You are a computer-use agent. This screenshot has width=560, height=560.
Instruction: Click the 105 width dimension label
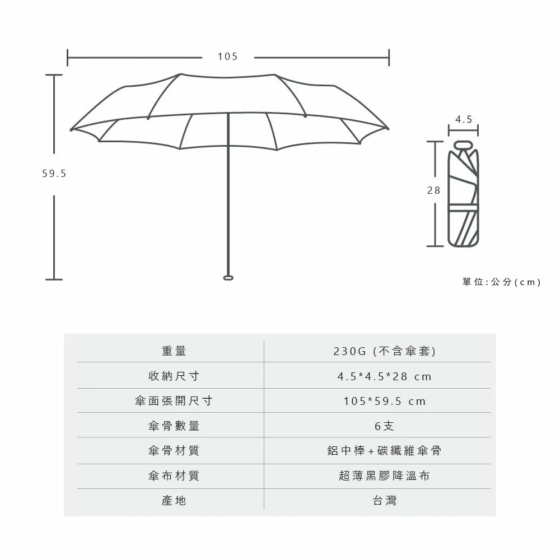228,57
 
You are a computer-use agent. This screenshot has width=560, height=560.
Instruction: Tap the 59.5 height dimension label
54,174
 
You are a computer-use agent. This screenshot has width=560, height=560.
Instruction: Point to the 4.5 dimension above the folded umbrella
464,119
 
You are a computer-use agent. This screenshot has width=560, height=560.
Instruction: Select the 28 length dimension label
434,190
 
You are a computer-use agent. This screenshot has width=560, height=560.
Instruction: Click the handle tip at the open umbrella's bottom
228,278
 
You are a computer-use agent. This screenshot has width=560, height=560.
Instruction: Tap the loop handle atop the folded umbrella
463,145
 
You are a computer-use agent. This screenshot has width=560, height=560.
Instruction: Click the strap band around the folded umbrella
463,208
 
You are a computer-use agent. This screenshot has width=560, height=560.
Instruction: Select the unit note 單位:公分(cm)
501,282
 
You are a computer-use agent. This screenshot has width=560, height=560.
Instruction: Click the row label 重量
174,351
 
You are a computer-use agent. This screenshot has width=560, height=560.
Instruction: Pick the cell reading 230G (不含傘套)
385,351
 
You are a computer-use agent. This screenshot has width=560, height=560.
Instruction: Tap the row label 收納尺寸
174,376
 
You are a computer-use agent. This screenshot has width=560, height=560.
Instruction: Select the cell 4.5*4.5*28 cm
385,376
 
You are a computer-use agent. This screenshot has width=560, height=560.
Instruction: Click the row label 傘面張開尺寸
174,401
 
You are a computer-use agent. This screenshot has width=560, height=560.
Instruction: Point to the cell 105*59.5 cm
385,401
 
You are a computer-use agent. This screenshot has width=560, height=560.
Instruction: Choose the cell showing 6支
384,426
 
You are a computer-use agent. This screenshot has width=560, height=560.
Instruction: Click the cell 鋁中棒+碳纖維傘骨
384,451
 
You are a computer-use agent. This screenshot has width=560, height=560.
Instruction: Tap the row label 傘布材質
174,475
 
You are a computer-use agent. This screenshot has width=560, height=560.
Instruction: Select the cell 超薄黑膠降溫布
384,475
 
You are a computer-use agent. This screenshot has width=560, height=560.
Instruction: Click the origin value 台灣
385,500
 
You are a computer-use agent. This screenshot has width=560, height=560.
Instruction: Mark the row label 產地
174,500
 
